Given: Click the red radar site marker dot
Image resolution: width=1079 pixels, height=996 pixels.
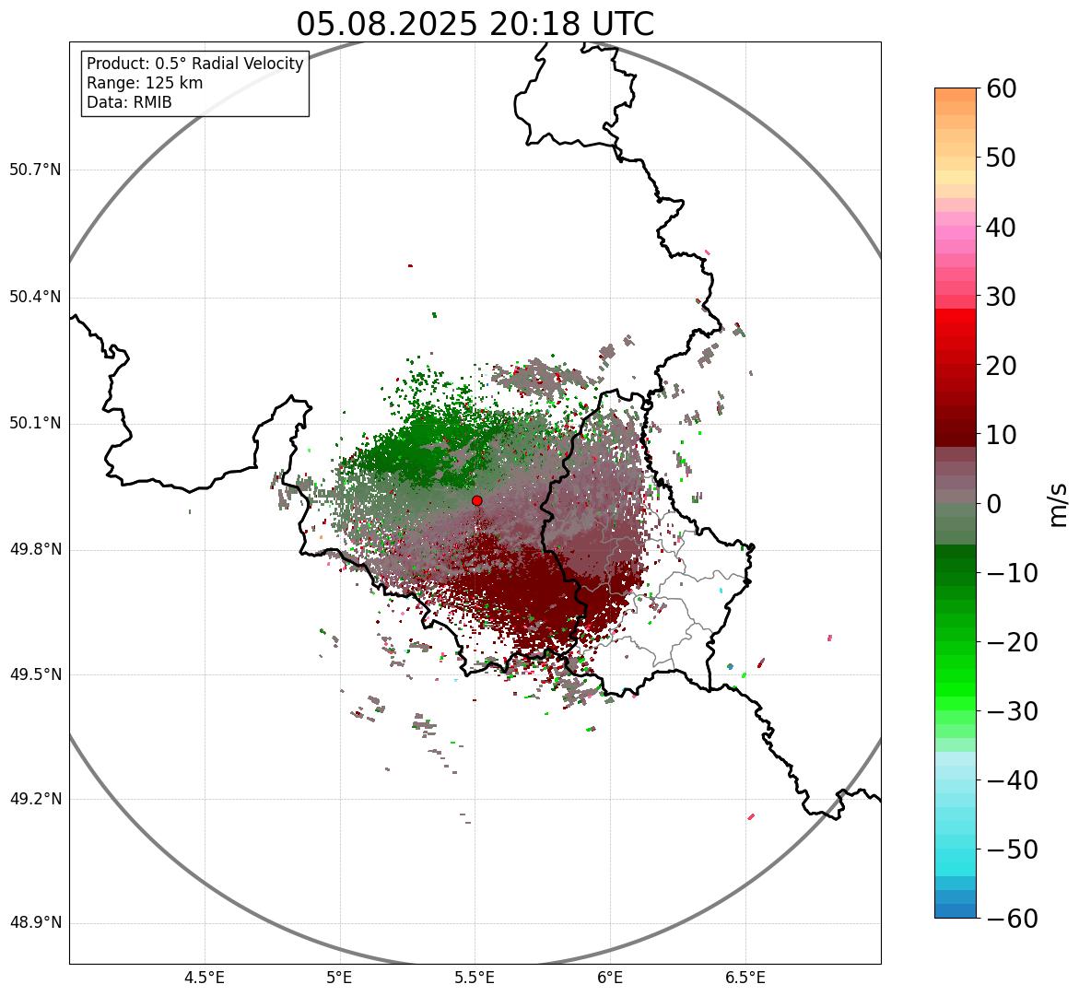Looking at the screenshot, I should coord(476,500).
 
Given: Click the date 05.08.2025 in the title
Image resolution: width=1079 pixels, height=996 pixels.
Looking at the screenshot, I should coord(386,25).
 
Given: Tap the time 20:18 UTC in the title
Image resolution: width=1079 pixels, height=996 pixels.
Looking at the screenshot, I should coord(571,25).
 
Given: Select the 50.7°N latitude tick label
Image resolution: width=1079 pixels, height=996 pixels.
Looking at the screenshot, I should coord(35,170).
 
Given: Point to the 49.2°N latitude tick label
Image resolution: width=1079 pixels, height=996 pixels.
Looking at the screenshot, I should coord(35,799).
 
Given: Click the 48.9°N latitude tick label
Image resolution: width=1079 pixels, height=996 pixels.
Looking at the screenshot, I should coord(35,923).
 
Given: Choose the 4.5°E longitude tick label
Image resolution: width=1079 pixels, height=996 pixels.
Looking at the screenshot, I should coord(205,978).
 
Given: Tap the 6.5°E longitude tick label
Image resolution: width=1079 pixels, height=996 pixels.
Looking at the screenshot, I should coord(745,978).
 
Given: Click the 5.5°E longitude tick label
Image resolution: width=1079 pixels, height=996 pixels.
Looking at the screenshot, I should coord(475,978).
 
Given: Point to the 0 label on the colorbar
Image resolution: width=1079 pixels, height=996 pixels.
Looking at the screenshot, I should coord(994,504).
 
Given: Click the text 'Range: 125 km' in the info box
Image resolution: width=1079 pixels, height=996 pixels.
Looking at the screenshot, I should coord(145,83).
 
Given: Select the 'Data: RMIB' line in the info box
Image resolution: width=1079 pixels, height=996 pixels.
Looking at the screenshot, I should coord(129,102).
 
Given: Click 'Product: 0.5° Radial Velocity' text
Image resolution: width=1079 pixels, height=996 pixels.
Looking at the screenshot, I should coord(194,64).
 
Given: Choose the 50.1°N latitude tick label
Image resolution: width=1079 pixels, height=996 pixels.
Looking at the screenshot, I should coord(35,424).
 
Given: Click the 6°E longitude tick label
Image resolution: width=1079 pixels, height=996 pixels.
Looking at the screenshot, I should coord(610,978).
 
